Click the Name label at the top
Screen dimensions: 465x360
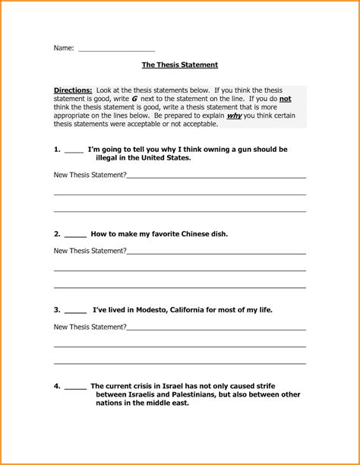(63, 48)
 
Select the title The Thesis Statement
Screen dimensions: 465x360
(180, 66)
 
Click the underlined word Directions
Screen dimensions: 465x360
(73, 90)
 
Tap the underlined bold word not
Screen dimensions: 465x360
(285, 99)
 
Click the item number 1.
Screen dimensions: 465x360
(57, 150)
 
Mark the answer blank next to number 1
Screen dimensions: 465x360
(74, 152)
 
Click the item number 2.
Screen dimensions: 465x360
(57, 234)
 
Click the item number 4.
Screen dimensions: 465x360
(57, 386)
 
